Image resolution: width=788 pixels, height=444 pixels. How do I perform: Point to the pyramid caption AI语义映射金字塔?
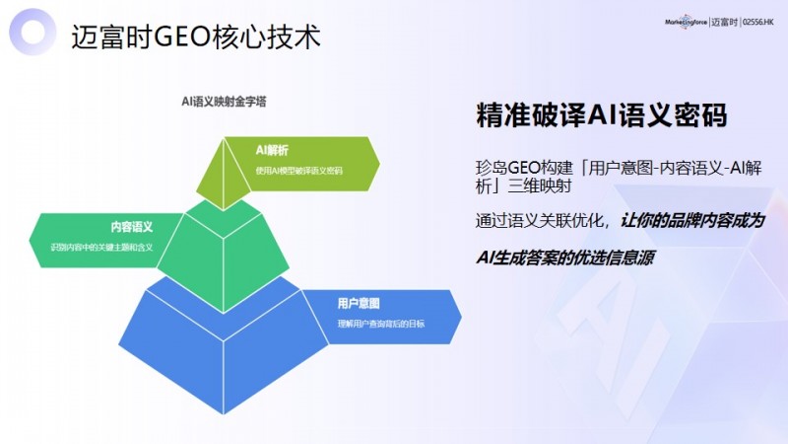point(224,100)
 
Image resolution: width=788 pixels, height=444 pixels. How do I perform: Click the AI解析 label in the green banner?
point(272,151)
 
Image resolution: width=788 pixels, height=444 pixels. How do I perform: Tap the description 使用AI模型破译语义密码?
point(298,170)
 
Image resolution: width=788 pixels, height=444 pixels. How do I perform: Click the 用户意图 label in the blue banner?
point(359,302)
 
